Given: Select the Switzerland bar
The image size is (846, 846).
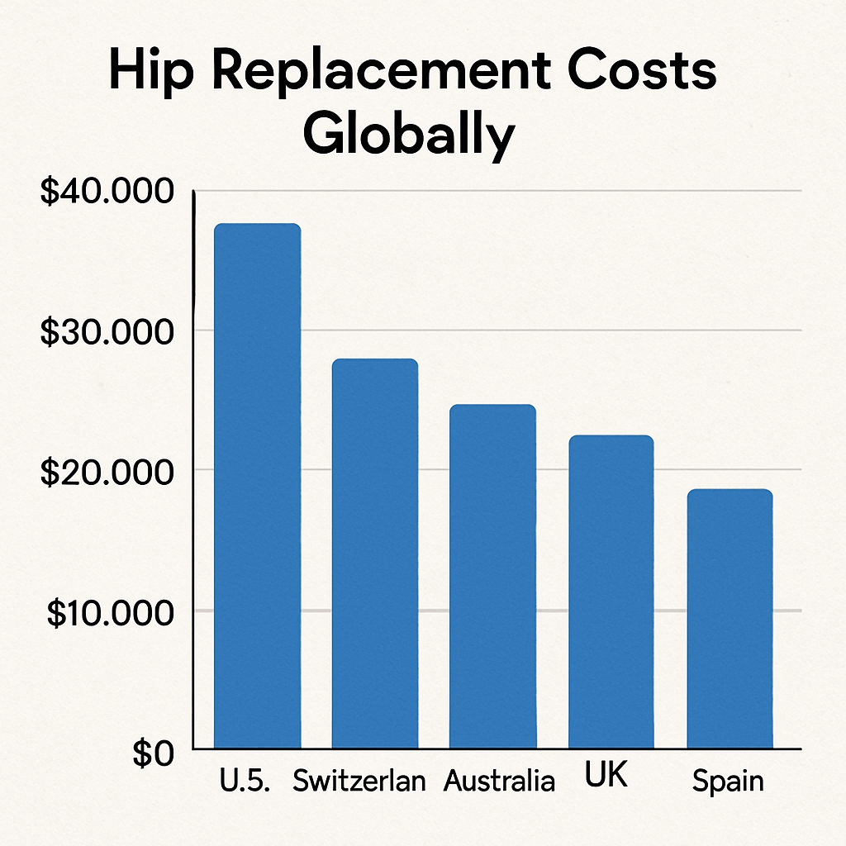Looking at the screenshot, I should pyautogui.click(x=374, y=554).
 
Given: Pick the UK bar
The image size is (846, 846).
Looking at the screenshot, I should pyautogui.click(x=611, y=592).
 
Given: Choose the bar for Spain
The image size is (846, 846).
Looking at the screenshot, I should pyautogui.click(x=730, y=619).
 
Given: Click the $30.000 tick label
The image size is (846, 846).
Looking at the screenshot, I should pyautogui.click(x=107, y=332).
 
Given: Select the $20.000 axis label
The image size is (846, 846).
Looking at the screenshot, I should pyautogui.click(x=107, y=473).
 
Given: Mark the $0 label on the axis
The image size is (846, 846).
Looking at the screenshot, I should pyautogui.click(x=153, y=753).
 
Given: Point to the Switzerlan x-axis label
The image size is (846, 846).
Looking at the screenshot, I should pyautogui.click(x=359, y=782).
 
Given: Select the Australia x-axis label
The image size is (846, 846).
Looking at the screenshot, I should pyautogui.click(x=499, y=782).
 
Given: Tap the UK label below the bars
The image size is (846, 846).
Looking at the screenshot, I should pyautogui.click(x=606, y=777).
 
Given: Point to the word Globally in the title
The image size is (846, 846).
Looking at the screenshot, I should pyautogui.click(x=408, y=136).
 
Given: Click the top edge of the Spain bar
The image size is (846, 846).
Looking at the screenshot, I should pyautogui.click(x=730, y=490).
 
